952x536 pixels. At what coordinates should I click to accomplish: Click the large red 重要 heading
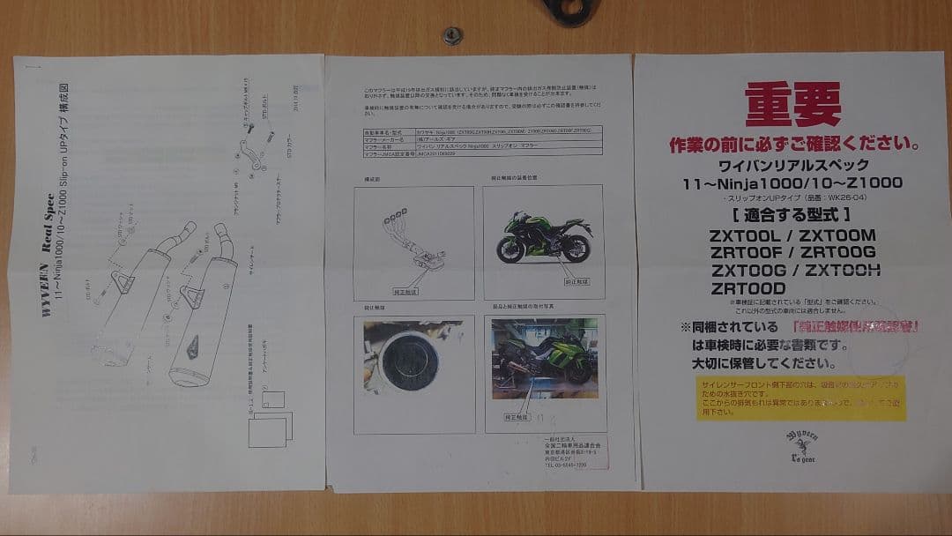coord(792,105)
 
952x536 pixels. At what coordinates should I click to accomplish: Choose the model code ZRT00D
coord(748,287)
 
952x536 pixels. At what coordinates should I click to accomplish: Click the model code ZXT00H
coord(843,270)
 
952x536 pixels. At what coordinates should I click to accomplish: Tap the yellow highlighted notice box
coord(800,398)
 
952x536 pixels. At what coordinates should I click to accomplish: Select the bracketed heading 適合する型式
coord(793,212)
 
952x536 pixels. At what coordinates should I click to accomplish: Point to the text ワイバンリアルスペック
coord(794,165)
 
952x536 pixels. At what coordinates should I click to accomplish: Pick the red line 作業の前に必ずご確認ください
coord(794,143)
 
